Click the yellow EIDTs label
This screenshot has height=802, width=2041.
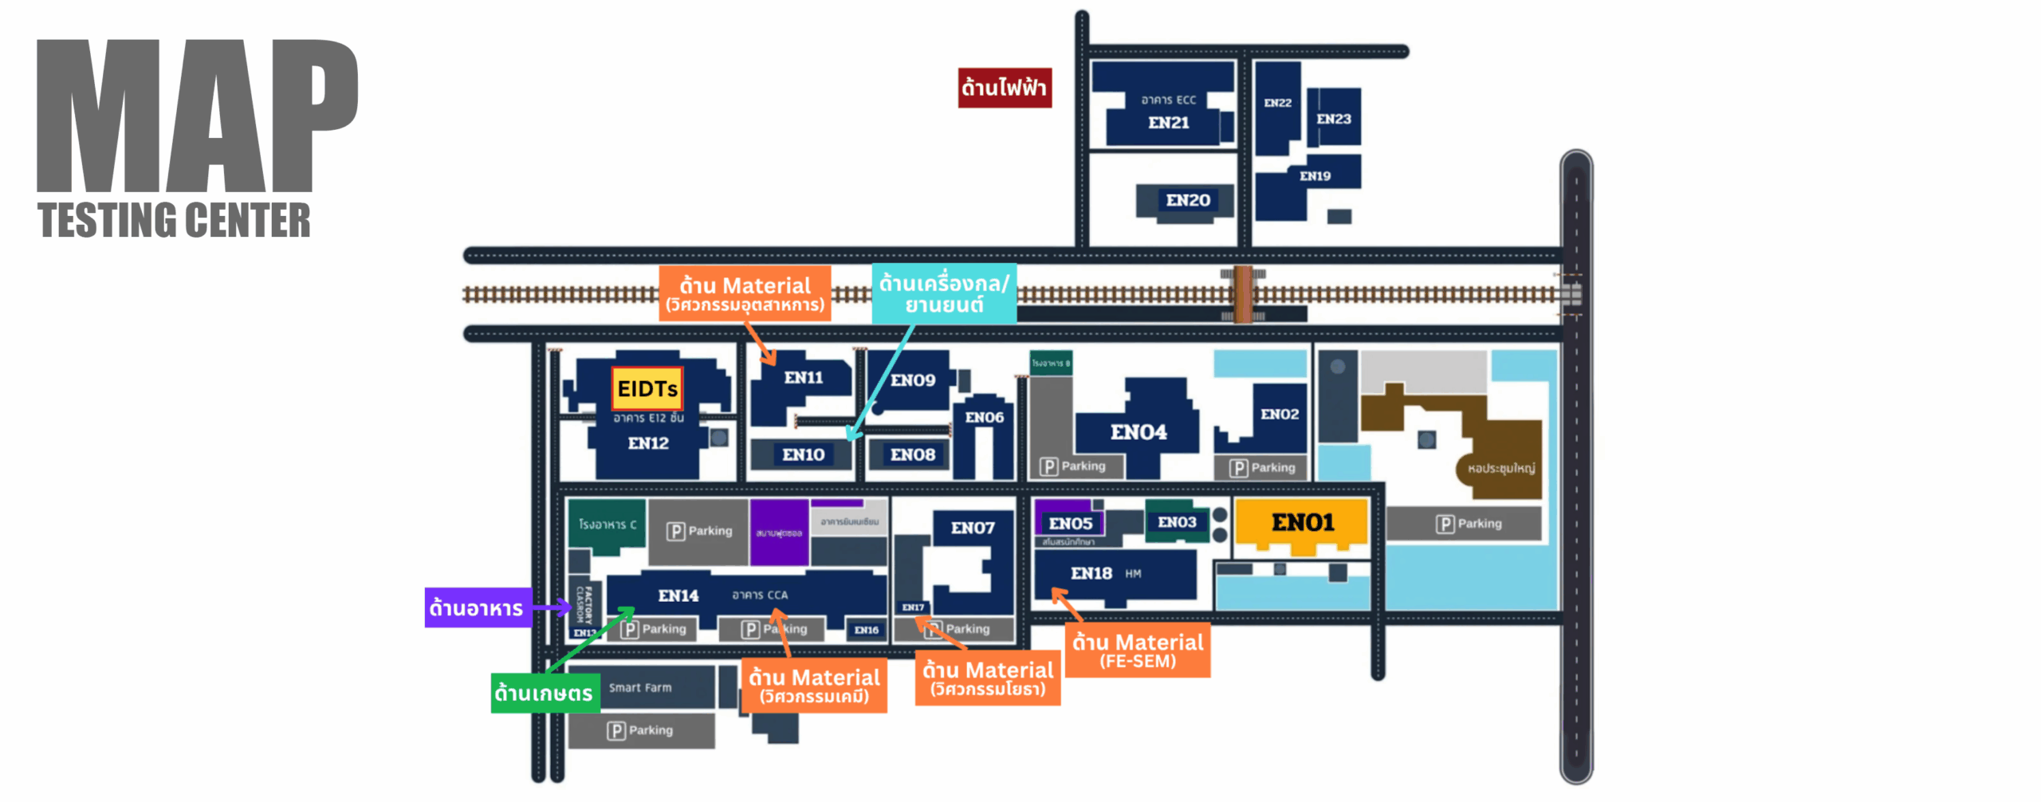click(x=647, y=389)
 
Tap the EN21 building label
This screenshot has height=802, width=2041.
click(x=1168, y=123)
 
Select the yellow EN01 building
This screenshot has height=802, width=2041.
click(x=1302, y=523)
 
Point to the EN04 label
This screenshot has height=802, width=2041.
click(x=1138, y=432)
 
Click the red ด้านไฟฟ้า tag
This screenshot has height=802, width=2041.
click(x=1004, y=88)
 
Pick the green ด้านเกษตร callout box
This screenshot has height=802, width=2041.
click(x=544, y=693)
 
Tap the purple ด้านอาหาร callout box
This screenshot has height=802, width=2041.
click(x=477, y=608)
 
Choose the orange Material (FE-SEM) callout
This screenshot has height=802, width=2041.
click(x=1137, y=651)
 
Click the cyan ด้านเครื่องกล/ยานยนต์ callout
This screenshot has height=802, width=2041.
click(x=943, y=293)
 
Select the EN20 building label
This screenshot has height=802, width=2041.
click(x=1187, y=200)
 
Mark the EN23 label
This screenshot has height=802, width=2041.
click(x=1334, y=119)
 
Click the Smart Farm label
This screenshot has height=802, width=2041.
click(x=640, y=687)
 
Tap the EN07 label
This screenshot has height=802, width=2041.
click(x=972, y=528)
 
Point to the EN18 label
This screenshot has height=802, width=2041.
click(x=1091, y=573)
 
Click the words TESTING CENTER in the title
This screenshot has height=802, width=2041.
click(x=174, y=221)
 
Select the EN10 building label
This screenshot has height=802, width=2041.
click(x=803, y=454)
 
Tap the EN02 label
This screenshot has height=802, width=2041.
click(x=1279, y=414)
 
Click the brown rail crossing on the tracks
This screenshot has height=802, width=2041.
click(x=1242, y=294)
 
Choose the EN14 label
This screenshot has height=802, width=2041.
click(x=678, y=596)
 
